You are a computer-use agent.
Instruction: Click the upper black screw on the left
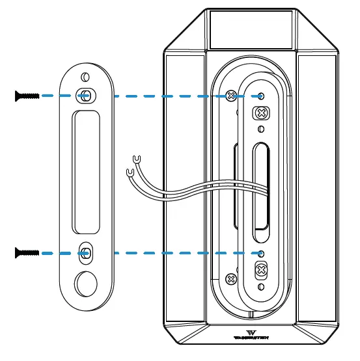26,96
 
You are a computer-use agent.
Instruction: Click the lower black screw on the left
26,252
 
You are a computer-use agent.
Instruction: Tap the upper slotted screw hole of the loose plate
85,95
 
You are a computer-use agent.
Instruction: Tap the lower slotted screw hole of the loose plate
85,252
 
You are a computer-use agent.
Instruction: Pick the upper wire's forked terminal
137,158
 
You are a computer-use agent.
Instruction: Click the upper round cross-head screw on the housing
230,96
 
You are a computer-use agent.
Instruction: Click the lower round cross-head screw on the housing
230,278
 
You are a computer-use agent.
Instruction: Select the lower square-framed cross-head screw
261,269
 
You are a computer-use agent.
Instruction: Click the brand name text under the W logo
251,338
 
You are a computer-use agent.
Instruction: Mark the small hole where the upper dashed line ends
261,96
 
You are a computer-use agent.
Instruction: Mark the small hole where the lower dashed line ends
260,252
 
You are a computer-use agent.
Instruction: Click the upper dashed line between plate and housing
163,96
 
